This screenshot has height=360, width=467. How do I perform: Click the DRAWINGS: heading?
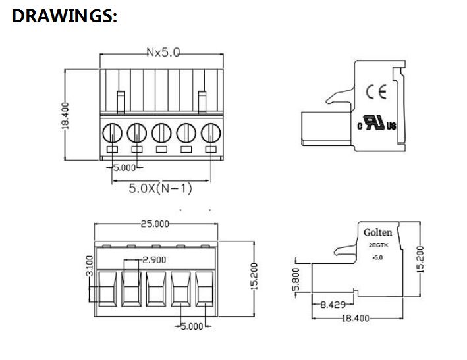[65, 17]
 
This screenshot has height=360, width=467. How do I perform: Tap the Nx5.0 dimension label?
[161, 52]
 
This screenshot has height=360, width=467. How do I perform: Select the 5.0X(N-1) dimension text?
[161, 189]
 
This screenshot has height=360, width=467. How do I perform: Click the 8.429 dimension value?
[333, 305]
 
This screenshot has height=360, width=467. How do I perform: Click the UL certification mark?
[378, 124]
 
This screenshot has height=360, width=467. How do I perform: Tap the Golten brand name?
[377, 232]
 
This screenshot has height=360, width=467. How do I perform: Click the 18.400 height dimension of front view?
[65, 115]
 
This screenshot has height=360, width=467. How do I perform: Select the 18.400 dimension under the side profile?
[356, 318]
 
